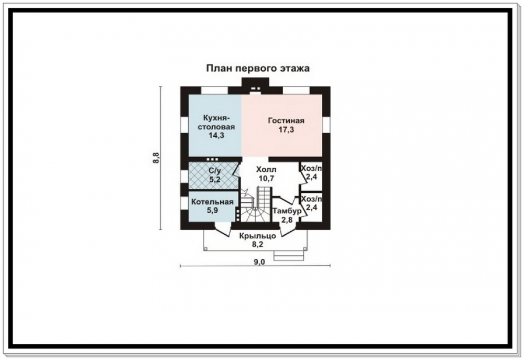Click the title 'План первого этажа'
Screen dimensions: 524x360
[258, 69]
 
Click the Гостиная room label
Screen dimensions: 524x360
[286, 121]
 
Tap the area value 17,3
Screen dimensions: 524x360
[287, 129]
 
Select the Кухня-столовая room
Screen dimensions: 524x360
[215, 125]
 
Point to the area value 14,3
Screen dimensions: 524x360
[216, 135]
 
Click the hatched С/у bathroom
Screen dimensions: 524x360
[214, 175]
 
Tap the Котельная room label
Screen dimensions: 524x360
[212, 202]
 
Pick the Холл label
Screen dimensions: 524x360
[266, 169]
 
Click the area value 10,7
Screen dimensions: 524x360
[266, 179]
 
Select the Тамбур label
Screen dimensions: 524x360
[287, 211]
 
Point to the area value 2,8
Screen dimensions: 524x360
[287, 220]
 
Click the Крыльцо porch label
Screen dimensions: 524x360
[257, 236]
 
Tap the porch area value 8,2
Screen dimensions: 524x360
[257, 245]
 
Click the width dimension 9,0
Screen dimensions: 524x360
[259, 262]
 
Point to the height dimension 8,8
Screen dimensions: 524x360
[156, 158]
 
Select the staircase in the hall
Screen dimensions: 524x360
[256, 204]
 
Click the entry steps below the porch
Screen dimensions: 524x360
[289, 255]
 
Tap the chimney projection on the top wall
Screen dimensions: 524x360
[255, 84]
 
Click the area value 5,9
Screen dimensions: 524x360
[212, 211]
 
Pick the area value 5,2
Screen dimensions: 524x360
[214, 180]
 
